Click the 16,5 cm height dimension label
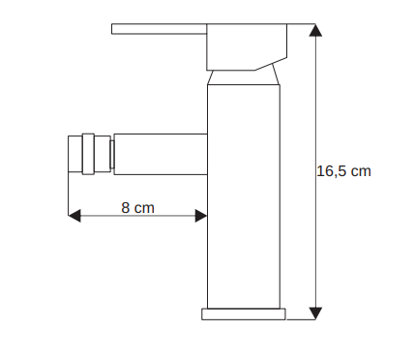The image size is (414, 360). tap(343, 171)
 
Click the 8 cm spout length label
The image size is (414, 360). tap(137, 208)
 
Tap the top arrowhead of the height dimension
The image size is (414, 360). tap(315, 30)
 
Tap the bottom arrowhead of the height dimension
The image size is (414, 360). tap(315, 314)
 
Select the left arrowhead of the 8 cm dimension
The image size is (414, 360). tap(74, 216)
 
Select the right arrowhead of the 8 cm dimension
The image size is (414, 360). tap(201, 216)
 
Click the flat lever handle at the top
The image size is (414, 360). tap(159, 29)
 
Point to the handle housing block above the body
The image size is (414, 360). tap(247, 46)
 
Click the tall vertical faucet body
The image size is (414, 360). tap(244, 196)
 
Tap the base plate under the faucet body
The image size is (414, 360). tap(244, 315)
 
